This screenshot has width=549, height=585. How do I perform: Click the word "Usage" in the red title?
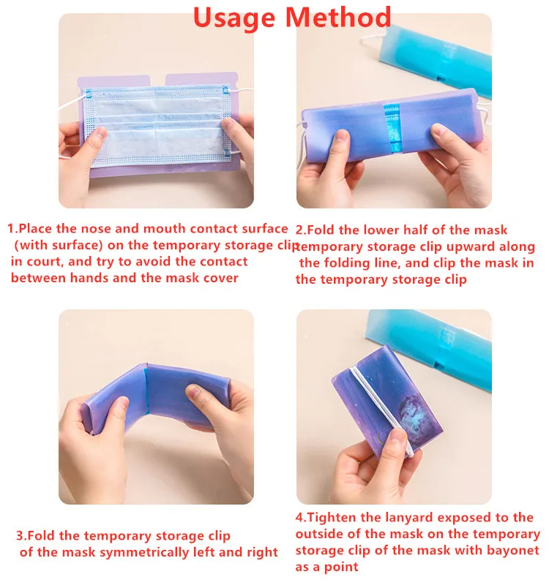[234, 18]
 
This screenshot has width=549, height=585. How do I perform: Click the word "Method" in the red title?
[338, 17]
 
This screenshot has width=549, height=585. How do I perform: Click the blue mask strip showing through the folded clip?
[392, 127]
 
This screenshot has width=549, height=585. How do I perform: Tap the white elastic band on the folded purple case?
[381, 409]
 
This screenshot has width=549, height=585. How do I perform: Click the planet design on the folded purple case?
[415, 413]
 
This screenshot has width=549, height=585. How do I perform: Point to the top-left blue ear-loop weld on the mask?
[88, 93]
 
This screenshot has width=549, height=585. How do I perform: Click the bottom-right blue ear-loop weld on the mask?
[226, 152]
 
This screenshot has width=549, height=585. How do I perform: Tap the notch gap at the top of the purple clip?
[157, 80]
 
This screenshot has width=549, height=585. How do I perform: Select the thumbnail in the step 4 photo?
[398, 437]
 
